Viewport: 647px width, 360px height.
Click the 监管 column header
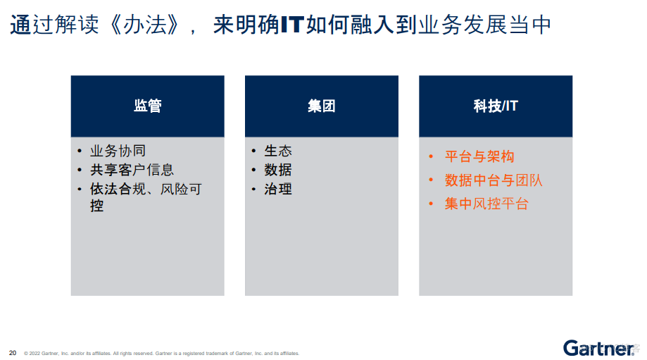click(147, 106)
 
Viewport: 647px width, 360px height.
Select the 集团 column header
click(321, 106)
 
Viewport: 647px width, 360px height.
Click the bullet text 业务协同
click(118, 151)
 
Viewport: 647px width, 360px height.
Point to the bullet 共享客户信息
click(132, 170)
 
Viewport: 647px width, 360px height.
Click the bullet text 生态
click(278, 151)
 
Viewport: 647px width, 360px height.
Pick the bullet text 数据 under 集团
click(278, 170)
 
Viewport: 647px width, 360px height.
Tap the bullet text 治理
click(278, 189)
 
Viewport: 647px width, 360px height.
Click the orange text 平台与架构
click(479, 156)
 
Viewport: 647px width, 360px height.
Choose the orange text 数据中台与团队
click(494, 180)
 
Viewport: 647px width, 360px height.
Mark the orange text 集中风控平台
click(486, 204)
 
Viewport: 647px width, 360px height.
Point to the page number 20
click(13, 352)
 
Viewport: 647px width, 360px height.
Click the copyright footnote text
click(161, 353)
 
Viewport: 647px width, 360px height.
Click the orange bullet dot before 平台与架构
click(432, 156)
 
